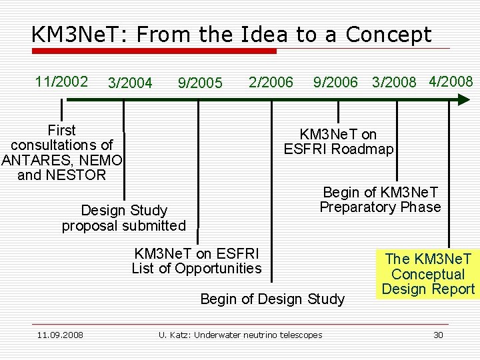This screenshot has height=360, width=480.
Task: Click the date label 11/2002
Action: [61, 81]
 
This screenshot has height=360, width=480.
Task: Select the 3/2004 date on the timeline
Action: [130, 83]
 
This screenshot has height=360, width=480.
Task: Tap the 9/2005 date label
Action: [200, 83]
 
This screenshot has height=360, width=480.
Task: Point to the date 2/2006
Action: [271, 82]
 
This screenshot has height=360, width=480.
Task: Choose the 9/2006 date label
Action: [335, 83]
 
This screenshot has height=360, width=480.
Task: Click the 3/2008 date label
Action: [394, 83]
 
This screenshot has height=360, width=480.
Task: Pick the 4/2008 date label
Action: [451, 81]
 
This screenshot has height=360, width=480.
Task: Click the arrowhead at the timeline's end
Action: [463, 99]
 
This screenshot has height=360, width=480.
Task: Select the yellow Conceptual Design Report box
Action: [428, 274]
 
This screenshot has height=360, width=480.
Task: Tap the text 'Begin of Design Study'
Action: [273, 299]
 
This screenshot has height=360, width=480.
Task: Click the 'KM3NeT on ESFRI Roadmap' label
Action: [339, 142]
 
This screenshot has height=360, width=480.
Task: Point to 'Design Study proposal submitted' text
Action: [124, 218]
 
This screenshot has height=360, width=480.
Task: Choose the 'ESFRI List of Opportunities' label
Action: [197, 261]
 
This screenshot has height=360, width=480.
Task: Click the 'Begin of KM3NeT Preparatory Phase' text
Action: [380, 199]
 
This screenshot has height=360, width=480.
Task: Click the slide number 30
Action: [438, 335]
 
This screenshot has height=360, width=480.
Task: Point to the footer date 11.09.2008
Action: [60, 335]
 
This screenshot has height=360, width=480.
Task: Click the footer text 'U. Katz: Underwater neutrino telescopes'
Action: [240, 335]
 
